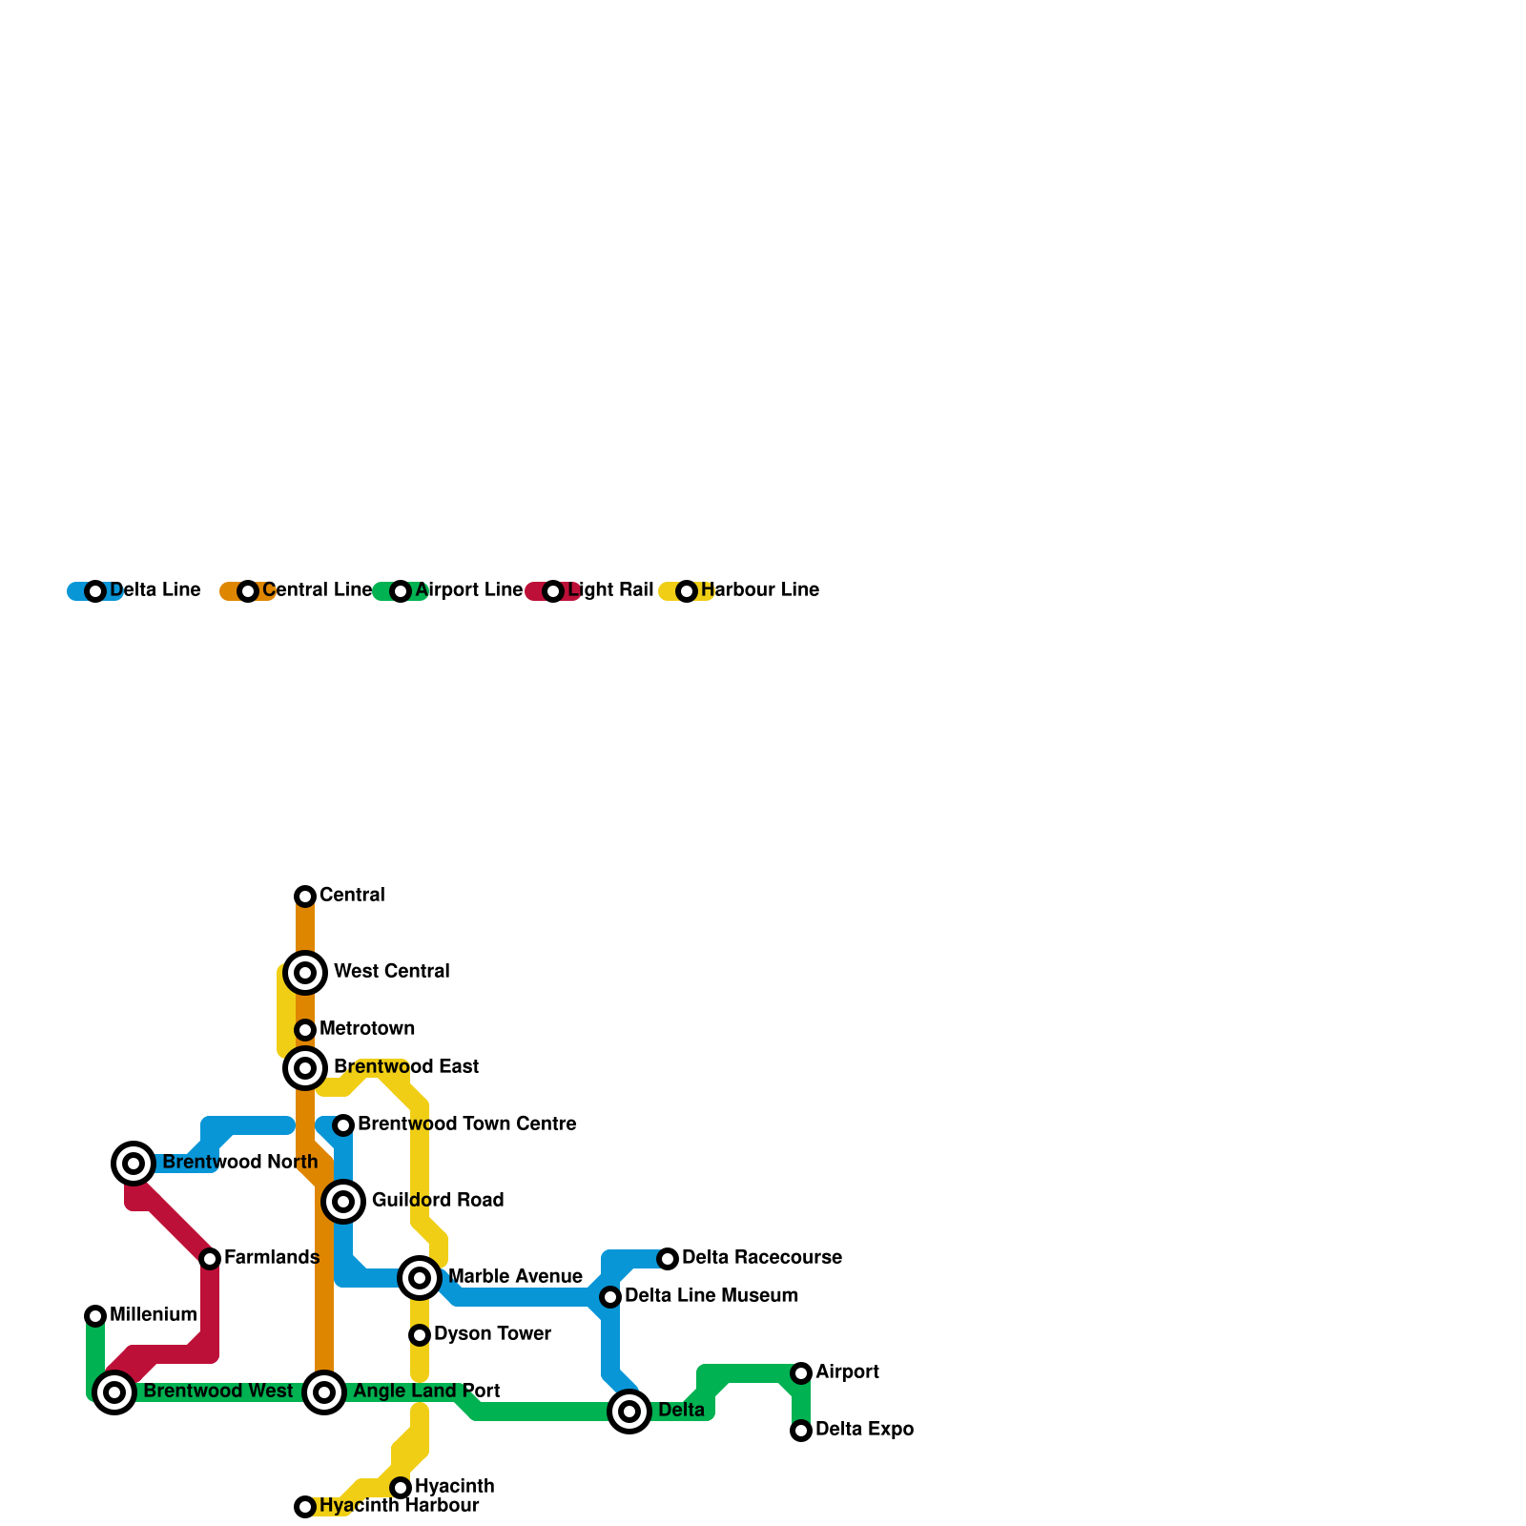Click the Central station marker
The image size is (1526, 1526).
point(305,896)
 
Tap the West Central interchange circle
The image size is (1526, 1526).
point(305,972)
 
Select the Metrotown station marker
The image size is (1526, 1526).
point(305,1029)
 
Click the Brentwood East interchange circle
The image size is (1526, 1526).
point(305,1067)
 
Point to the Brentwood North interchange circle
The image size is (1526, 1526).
point(134,1163)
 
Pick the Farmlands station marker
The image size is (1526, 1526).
point(210,1258)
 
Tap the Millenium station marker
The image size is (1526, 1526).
point(95,1315)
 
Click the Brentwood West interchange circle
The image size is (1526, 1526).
point(114,1392)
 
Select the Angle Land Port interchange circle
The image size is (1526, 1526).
point(324,1392)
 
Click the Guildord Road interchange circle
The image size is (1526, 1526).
point(343,1201)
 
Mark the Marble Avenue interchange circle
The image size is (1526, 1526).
point(420,1277)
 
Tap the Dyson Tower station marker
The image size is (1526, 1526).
point(420,1334)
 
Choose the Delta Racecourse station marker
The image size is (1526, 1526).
point(668,1258)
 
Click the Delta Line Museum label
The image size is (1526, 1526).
point(711,1295)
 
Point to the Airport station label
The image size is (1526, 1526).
point(847,1371)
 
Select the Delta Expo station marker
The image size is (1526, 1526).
point(801,1430)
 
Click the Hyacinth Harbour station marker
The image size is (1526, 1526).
point(305,1506)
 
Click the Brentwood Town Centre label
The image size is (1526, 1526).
point(466,1124)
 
